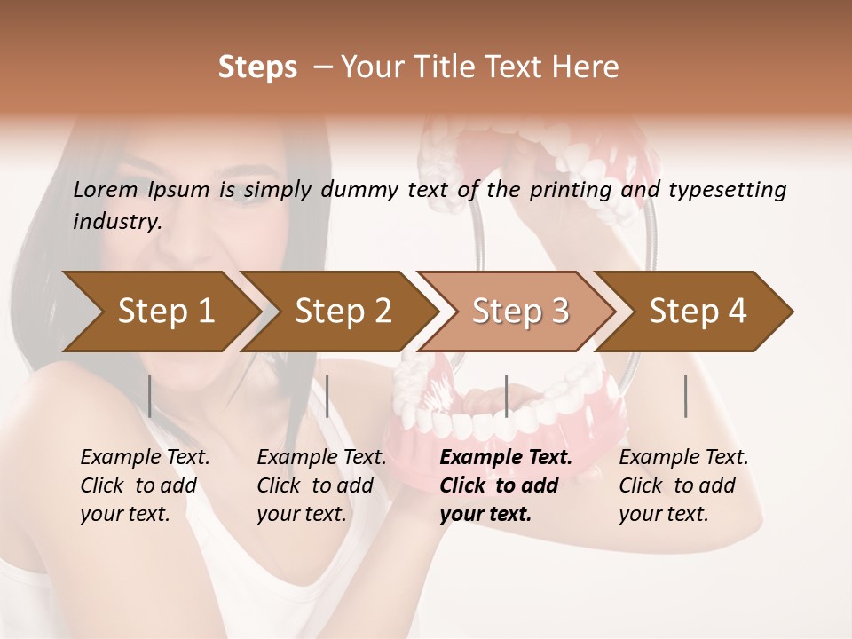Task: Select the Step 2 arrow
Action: pos(343,311)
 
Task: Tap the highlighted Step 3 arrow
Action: pos(520,311)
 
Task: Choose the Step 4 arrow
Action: pos(698,311)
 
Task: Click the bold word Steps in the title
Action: pos(257,67)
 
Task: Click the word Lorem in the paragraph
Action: pos(105,189)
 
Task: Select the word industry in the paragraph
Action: pos(116,221)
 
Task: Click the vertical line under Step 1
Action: pos(150,396)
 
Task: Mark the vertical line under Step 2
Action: pos(327,396)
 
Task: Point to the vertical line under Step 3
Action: pos(506,396)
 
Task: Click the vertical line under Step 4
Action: pos(685,396)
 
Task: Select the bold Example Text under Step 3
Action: pos(506,457)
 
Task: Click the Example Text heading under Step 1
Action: pos(145,457)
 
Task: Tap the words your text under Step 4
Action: pos(663,514)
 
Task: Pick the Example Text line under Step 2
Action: pos(321,457)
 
